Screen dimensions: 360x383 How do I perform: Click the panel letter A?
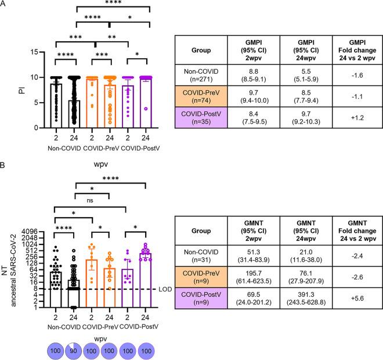(5, 6)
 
